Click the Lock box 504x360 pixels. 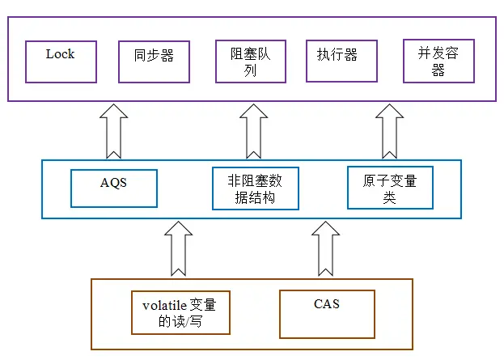point(60,61)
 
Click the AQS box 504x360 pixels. point(113,188)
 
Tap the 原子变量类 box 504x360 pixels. point(389,188)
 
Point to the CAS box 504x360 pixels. point(327,313)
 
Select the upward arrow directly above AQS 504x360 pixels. point(113,135)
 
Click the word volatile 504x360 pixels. point(164,305)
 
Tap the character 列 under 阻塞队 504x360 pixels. point(251,70)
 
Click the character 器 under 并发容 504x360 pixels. point(438,70)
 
